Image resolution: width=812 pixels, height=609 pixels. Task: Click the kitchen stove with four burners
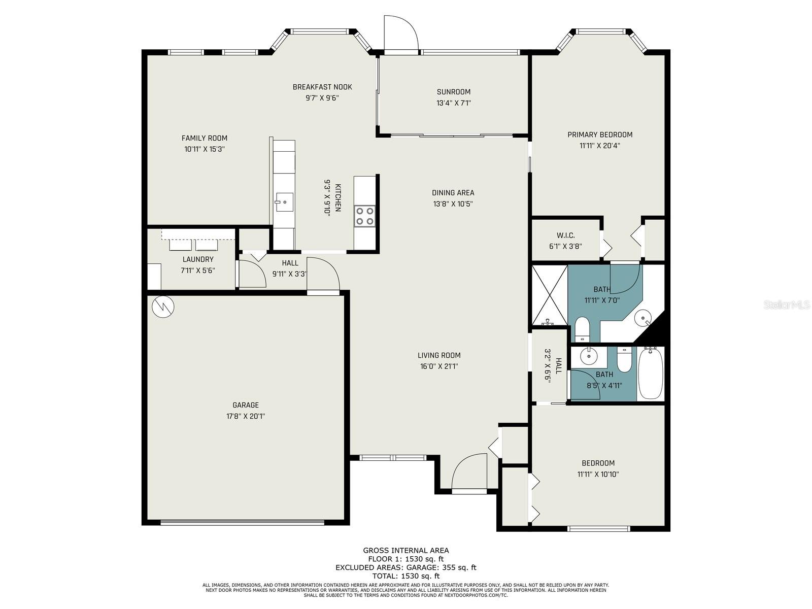pyautogui.click(x=364, y=216)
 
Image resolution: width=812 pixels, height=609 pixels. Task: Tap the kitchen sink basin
pyautogui.click(x=284, y=202)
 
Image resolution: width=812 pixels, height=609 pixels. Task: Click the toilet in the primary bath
pyautogui.click(x=582, y=328)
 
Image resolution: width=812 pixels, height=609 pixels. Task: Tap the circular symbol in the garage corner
pyautogui.click(x=163, y=307)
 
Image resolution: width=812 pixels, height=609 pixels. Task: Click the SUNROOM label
pyautogui.click(x=454, y=92)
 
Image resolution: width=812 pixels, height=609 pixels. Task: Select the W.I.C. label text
pyautogui.click(x=566, y=235)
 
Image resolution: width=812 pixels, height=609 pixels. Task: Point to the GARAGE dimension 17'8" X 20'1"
pyautogui.click(x=246, y=416)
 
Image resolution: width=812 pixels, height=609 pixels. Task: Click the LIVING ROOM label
pyautogui.click(x=439, y=355)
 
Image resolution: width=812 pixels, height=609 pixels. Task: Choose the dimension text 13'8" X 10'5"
pyautogui.click(x=453, y=204)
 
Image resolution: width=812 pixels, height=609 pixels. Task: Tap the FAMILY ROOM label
pyautogui.click(x=204, y=138)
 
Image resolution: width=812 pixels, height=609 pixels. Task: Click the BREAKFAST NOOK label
pyautogui.click(x=322, y=87)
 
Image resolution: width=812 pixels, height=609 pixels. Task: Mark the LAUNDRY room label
pyautogui.click(x=198, y=259)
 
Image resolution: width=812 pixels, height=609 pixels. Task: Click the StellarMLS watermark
pyautogui.click(x=787, y=304)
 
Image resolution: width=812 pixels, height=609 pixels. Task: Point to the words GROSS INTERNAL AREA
pyautogui.click(x=406, y=551)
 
